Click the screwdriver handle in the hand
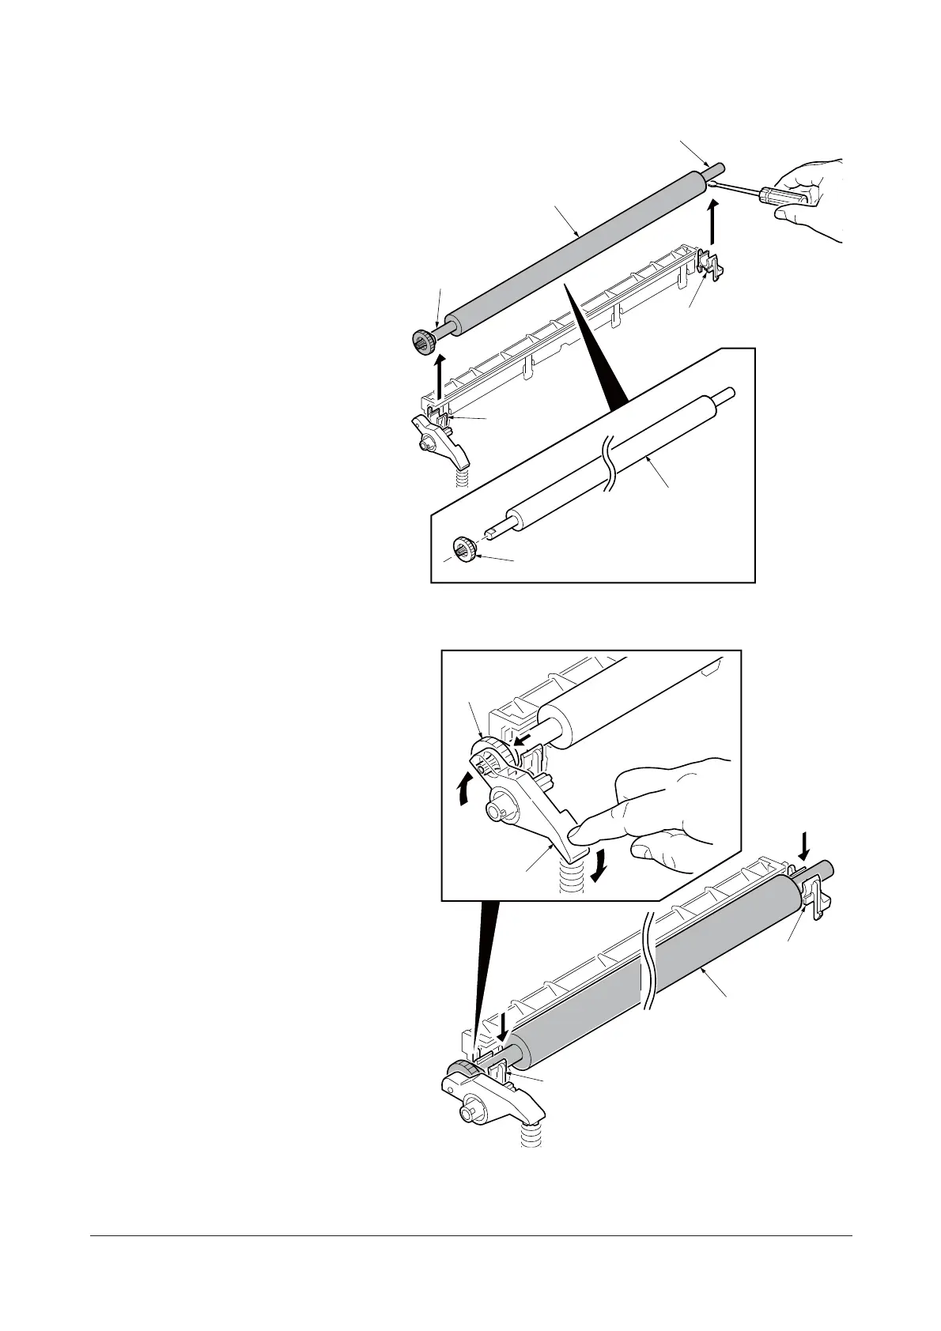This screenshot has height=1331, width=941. pyautogui.click(x=784, y=195)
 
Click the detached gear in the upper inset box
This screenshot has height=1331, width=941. pyautogui.click(x=463, y=548)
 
